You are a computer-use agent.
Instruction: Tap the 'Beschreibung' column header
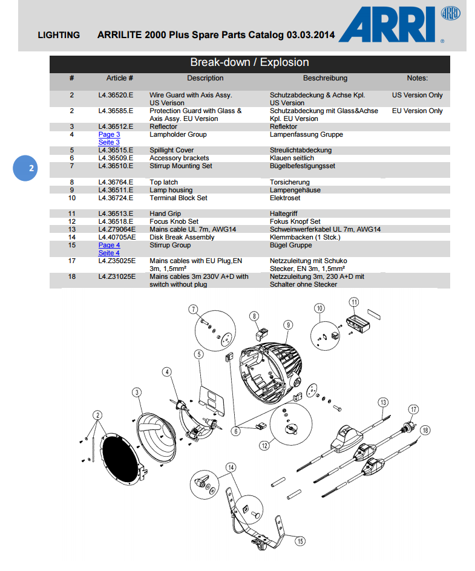[325, 78]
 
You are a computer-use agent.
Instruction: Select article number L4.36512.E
[116, 126]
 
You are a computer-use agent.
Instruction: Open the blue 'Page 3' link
[109, 134]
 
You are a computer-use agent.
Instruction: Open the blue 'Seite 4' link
[109, 253]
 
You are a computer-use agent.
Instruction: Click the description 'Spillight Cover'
[172, 150]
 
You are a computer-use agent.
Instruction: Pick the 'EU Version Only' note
[418, 111]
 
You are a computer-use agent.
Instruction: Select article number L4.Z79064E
[117, 229]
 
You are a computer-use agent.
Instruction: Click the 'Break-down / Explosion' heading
[249, 62]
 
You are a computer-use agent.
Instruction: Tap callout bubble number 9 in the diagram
[289, 325]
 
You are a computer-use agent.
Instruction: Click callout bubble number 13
[382, 402]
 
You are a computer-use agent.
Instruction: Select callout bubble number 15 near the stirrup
[300, 542]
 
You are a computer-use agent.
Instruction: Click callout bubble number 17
[413, 409]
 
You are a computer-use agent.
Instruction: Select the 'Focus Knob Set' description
[174, 221]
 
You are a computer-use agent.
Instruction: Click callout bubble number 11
[354, 302]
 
